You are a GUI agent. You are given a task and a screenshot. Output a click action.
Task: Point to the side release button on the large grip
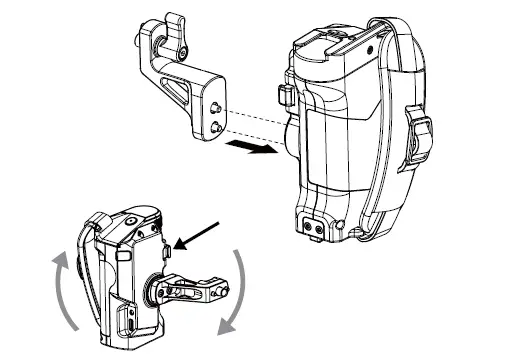tap(283, 97)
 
